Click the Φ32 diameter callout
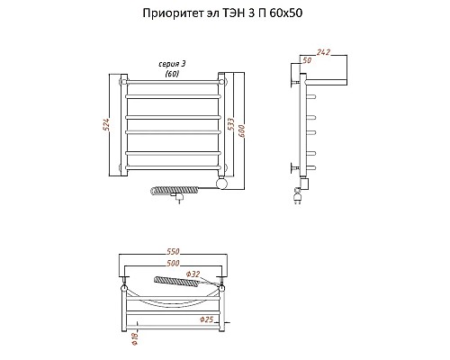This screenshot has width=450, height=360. point(193,273)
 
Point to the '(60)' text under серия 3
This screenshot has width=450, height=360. point(172,74)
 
